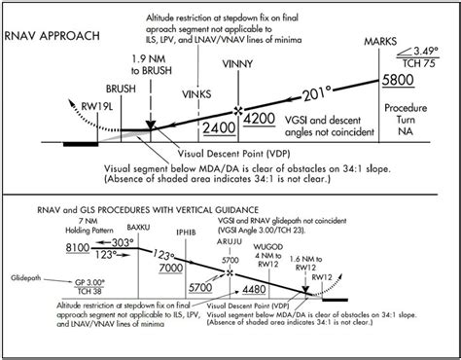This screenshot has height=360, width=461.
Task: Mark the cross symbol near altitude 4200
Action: click(x=238, y=110)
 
